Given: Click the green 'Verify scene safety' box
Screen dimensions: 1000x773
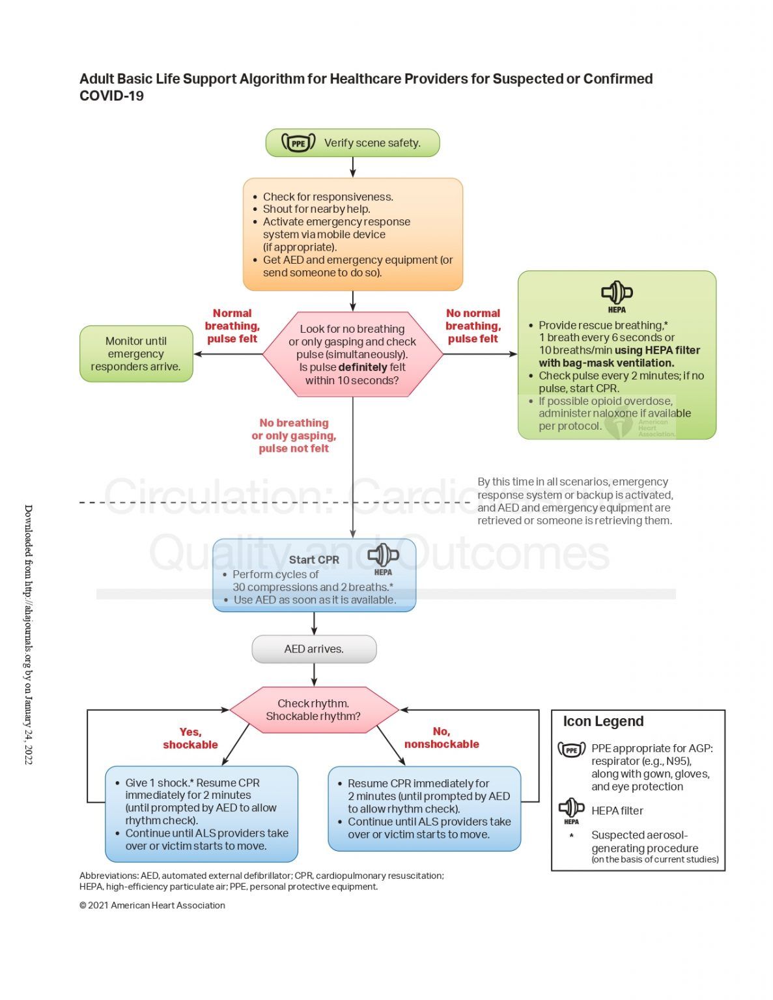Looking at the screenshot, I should tap(352, 143).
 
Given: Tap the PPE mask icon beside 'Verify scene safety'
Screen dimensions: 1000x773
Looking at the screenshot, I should tap(298, 143).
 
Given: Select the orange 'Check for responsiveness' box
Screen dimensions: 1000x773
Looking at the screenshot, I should tap(352, 234).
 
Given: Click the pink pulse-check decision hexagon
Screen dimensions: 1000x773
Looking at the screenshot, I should tap(352, 354).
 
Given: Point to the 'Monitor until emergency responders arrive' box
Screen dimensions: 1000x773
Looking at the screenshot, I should tap(136, 354).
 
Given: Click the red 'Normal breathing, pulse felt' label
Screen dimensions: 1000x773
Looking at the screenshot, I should tap(232, 326).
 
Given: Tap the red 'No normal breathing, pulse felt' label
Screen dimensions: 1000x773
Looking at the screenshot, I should tap(473, 326).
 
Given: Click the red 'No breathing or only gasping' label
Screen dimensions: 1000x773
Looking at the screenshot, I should tap(294, 436).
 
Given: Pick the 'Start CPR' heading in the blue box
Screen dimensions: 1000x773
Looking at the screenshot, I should tap(314, 560).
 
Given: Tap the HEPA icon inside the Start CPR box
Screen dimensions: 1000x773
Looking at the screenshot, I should tap(383, 558).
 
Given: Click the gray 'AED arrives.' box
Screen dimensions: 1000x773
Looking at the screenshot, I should tap(314, 649).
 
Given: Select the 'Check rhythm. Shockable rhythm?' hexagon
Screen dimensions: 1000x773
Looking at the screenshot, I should tap(314, 710).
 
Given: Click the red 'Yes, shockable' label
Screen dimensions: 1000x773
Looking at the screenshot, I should tap(190, 738).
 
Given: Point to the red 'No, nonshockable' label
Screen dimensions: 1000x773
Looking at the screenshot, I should tap(442, 738).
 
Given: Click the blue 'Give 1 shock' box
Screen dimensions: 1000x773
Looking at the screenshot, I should tap(201, 814).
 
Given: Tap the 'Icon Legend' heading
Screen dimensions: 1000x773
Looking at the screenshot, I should tap(603, 721).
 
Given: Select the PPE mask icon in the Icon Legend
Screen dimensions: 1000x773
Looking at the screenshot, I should tap(571, 750).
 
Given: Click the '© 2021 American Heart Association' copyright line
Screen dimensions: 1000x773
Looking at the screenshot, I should tap(152, 905).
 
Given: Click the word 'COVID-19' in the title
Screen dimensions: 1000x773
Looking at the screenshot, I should tap(111, 96).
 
